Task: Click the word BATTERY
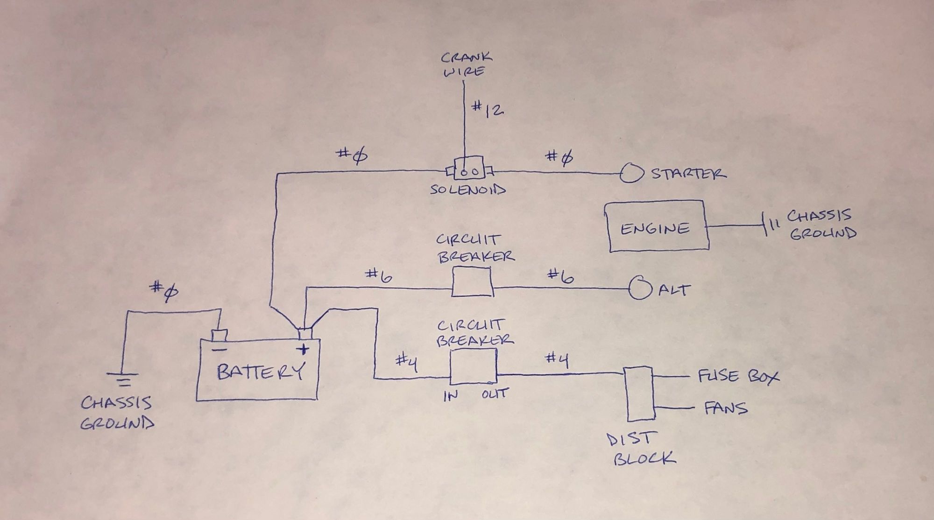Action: click(261, 372)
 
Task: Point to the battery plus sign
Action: click(304, 349)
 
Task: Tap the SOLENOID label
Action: click(468, 190)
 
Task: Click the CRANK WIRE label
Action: click(465, 64)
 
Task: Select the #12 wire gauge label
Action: click(487, 109)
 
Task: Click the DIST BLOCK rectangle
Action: click(640, 394)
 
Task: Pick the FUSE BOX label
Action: click(738, 376)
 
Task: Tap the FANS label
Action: click(725, 409)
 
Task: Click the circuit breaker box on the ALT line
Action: click(472, 282)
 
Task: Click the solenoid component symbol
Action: click(468, 171)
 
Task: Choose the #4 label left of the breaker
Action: click(406, 362)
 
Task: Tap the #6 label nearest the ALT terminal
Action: click(560, 277)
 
